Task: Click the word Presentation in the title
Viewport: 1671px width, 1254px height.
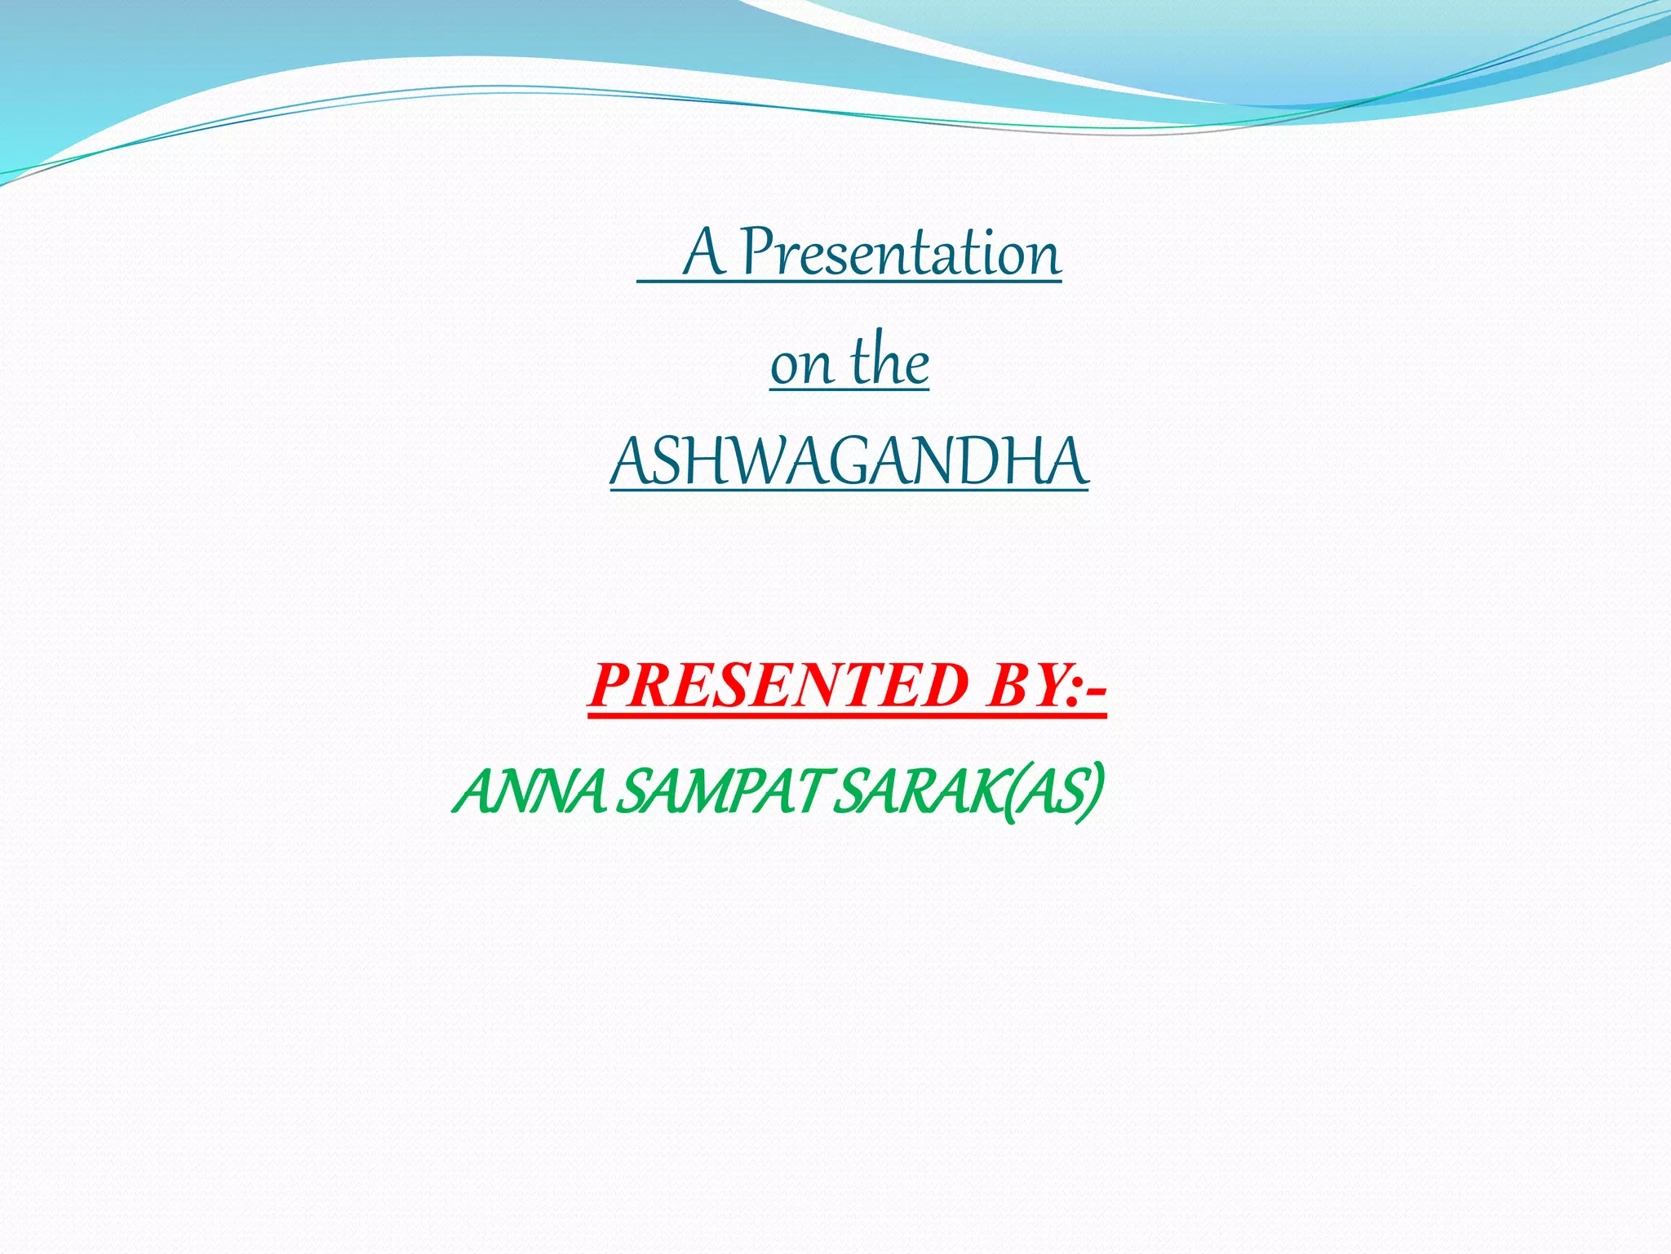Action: [901, 253]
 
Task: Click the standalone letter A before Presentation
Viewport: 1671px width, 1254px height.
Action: [704, 253]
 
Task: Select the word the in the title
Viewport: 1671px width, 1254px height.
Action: [889, 362]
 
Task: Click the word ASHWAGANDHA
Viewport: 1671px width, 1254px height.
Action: [849, 462]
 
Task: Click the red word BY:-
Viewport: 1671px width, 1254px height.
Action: [1045, 686]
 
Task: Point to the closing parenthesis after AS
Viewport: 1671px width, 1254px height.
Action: [1097, 792]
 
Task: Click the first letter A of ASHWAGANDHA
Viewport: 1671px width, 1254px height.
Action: [630, 462]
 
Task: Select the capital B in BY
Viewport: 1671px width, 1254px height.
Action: [1007, 686]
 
